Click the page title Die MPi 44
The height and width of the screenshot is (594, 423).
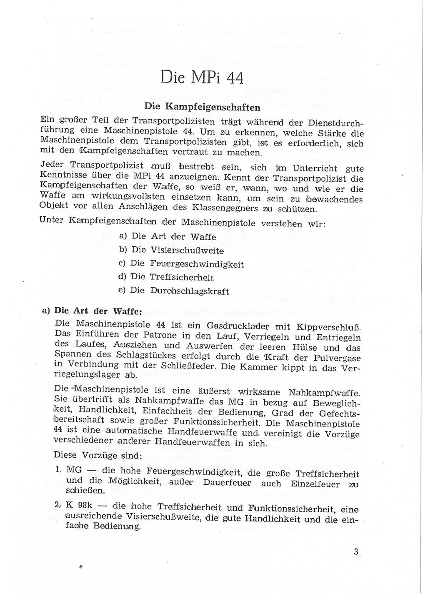click(x=202, y=78)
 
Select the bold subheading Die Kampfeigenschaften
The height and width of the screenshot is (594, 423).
click(x=202, y=107)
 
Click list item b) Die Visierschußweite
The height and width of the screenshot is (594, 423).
click(x=171, y=250)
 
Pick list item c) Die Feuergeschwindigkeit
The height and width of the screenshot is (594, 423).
click(x=180, y=264)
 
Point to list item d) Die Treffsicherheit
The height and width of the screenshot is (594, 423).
click(x=166, y=278)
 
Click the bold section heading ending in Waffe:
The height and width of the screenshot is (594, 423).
click(x=86, y=311)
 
